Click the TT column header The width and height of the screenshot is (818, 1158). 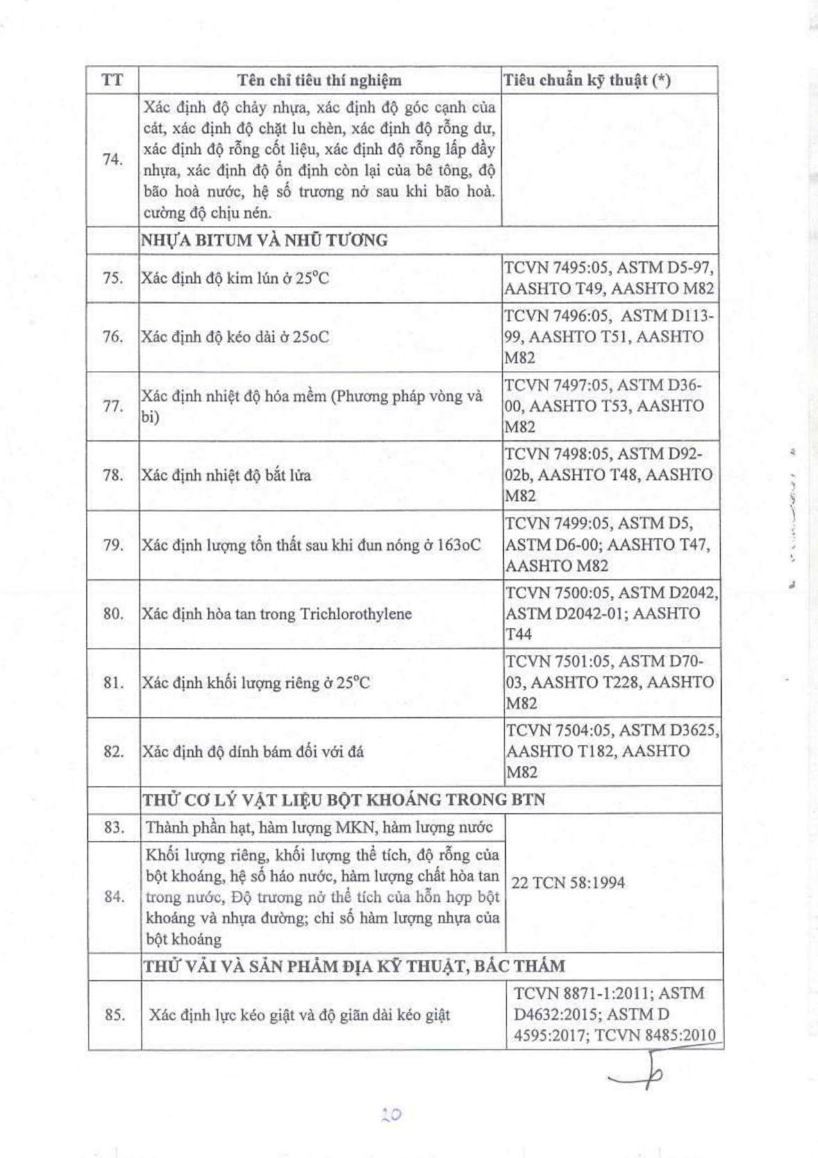pyautogui.click(x=112, y=80)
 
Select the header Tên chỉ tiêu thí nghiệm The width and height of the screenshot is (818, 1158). pyautogui.click(x=319, y=80)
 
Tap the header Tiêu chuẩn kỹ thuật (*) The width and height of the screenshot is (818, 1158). pyautogui.click(x=587, y=80)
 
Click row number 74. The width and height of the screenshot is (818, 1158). pyautogui.click(x=112, y=159)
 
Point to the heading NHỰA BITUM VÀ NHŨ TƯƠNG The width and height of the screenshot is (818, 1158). pyautogui.click(x=264, y=241)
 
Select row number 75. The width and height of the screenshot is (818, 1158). pyautogui.click(x=112, y=278)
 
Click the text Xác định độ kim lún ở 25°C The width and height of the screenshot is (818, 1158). pyautogui.click(x=235, y=278)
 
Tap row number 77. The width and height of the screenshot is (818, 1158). pyautogui.click(x=112, y=407)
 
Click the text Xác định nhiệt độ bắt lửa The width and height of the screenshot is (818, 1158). pyautogui.click(x=226, y=476)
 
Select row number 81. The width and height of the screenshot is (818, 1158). pyautogui.click(x=112, y=683)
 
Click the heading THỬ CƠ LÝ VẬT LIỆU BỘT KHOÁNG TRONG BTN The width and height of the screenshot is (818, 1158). pyautogui.click(x=343, y=800)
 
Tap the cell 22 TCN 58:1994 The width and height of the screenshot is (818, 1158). pyautogui.click(x=568, y=883)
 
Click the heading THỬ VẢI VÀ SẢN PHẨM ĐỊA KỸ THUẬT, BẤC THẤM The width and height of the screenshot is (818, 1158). pyautogui.click(x=353, y=966)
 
